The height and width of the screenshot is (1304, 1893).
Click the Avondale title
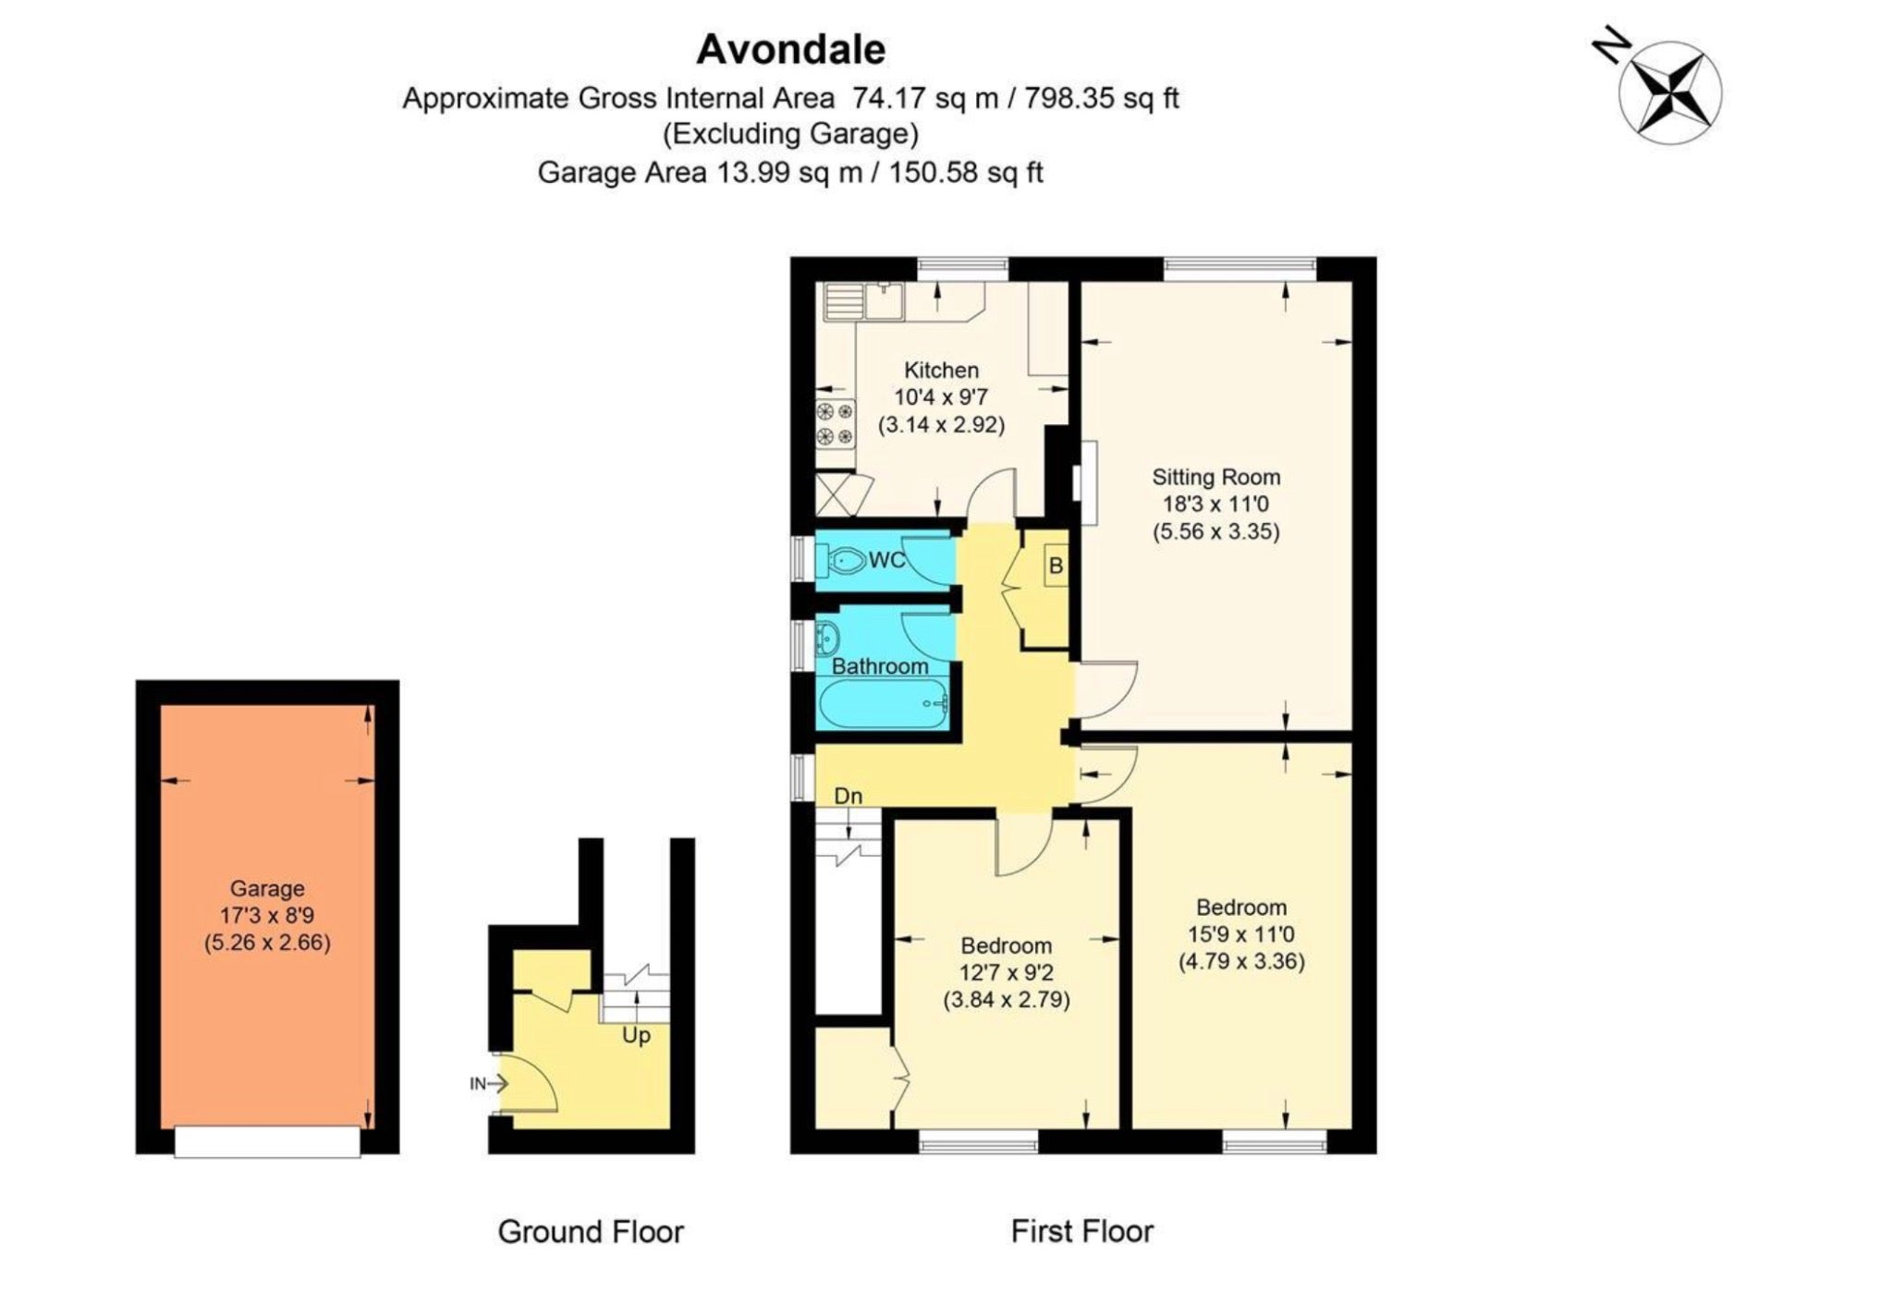pos(790,49)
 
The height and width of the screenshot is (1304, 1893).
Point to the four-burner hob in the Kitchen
pos(835,424)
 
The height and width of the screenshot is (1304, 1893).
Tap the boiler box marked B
pos(1056,565)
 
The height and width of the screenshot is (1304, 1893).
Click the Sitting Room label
pos(1215,477)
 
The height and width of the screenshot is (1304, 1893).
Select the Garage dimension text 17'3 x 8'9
pos(267,915)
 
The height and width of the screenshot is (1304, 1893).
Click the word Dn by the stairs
pos(848,796)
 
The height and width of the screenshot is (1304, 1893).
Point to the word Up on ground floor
pos(636,1036)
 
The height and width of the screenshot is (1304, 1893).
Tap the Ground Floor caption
pos(591,1232)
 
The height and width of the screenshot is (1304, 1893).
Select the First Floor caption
pos(1082,1231)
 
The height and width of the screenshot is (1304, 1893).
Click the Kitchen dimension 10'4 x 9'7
pos(941,397)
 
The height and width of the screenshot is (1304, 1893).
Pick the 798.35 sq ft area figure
pos(1101,98)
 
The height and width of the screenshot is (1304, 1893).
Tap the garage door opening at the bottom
pos(267,1141)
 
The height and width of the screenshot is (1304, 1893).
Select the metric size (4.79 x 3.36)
pos(1241,961)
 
